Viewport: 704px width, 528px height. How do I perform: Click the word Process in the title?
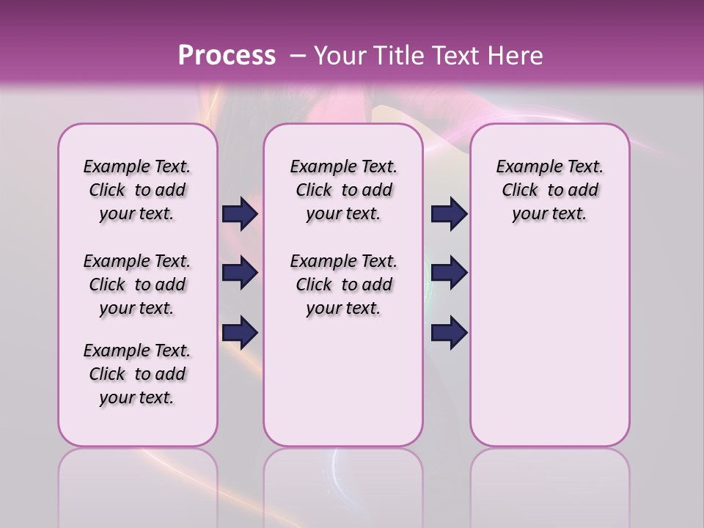[x=227, y=56]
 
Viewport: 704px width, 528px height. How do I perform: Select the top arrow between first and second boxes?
[x=240, y=214]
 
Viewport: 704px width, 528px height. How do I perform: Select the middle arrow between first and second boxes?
[x=240, y=273]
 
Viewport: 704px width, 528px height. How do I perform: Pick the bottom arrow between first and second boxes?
[x=240, y=332]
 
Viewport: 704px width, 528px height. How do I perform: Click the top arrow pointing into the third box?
[x=449, y=214]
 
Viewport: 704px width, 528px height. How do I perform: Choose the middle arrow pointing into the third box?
[x=449, y=273]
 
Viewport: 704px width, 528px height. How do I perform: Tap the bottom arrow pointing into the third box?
[x=449, y=332]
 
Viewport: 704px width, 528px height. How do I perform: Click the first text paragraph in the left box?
[x=137, y=190]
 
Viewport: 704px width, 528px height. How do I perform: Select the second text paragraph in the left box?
[x=137, y=285]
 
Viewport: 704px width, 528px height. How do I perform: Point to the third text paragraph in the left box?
[x=137, y=374]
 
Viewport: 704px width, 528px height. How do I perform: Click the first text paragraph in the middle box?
[x=343, y=190]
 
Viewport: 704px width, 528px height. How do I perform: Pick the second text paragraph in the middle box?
[x=343, y=285]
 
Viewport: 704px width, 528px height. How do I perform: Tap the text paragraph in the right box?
[x=549, y=190]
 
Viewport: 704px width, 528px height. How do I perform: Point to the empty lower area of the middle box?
[x=343, y=381]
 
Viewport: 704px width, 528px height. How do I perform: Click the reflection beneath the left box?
[x=138, y=484]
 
